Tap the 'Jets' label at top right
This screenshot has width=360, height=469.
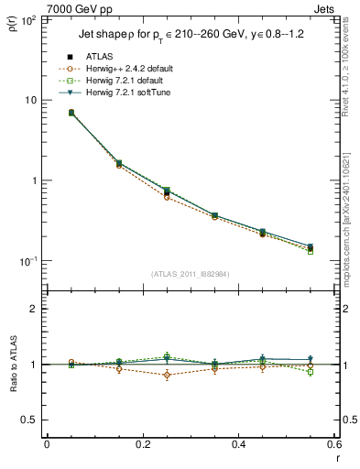325,7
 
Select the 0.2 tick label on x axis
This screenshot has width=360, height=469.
142,443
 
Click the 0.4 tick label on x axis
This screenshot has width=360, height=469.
238,443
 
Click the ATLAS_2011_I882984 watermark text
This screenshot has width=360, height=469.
190,274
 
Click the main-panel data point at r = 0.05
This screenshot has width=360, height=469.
71,113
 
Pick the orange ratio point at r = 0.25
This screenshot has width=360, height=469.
167,375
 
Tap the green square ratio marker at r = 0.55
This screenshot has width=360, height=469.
311,372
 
